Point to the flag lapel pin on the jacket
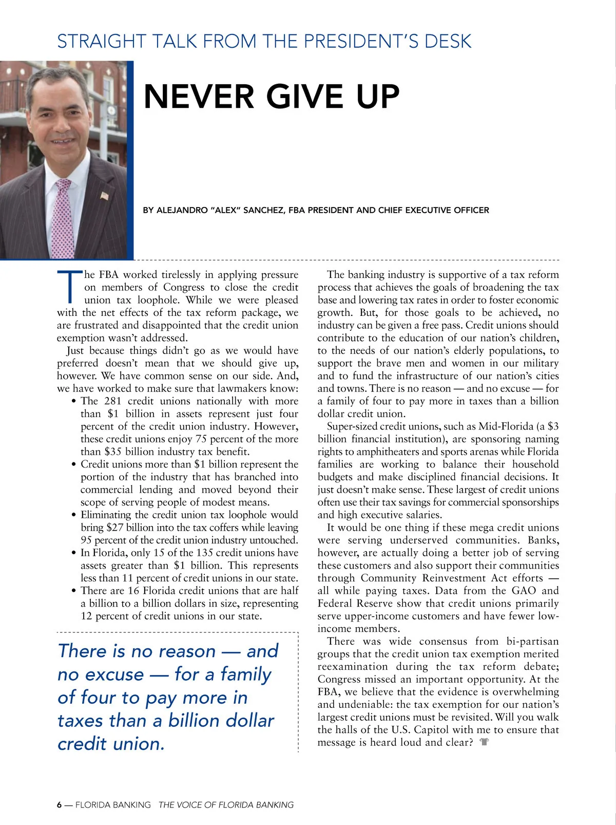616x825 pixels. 105,196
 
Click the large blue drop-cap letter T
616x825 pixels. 69,287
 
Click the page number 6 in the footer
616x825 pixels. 60,805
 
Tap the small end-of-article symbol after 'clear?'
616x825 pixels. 484,742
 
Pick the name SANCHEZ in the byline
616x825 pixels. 263,210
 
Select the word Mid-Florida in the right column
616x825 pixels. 506,426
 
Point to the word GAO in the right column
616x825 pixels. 524,591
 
